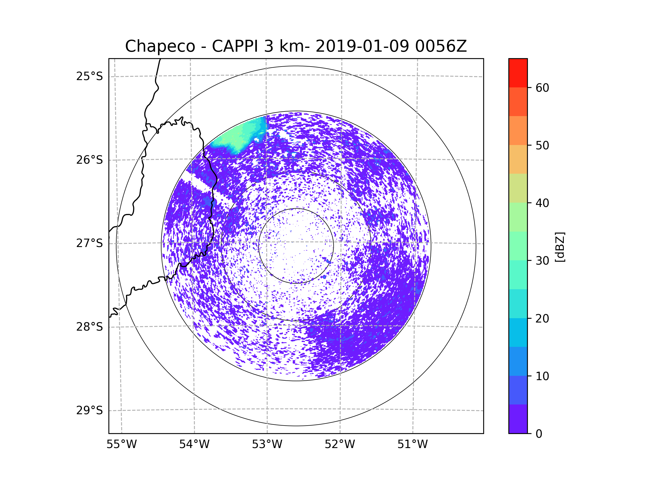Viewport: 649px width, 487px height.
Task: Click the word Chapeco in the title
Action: [x=160, y=46]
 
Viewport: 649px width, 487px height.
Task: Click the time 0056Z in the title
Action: [x=441, y=46]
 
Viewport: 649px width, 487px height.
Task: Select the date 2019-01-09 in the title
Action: [x=362, y=46]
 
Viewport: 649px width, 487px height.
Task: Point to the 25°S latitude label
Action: [x=90, y=76]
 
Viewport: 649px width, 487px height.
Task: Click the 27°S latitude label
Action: [x=90, y=243]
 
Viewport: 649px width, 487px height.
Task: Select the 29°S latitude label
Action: [x=90, y=410]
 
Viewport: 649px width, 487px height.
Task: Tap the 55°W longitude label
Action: [x=121, y=444]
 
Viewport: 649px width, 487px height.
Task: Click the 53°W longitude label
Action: [x=267, y=444]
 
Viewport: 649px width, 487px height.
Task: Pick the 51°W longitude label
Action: [x=412, y=444]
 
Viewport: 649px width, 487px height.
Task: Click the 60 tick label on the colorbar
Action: [x=542, y=88]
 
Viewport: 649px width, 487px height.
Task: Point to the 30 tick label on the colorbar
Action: [x=542, y=261]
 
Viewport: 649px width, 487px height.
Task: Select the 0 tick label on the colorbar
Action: [x=539, y=434]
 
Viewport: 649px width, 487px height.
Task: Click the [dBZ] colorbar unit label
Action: [x=560, y=247]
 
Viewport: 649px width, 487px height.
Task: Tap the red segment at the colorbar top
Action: [x=518, y=73]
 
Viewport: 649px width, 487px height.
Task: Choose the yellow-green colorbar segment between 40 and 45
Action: [x=518, y=188]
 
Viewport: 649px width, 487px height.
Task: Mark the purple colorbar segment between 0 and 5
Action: [x=518, y=419]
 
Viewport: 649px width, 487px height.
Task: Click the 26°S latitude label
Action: [x=90, y=160]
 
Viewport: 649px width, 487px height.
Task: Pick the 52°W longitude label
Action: [x=340, y=444]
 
